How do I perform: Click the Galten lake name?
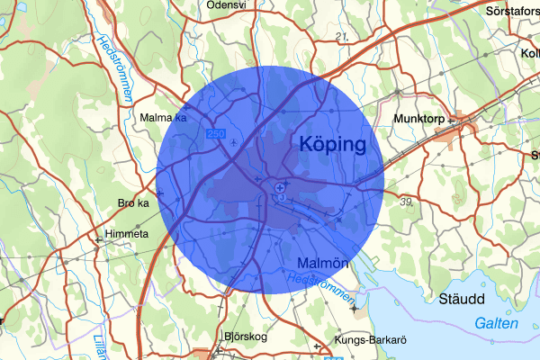495,323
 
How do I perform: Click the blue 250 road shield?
215,134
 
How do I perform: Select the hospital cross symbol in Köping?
282,187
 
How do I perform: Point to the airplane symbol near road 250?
235,141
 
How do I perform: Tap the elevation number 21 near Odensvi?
341,36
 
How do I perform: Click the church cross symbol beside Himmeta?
98,239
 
